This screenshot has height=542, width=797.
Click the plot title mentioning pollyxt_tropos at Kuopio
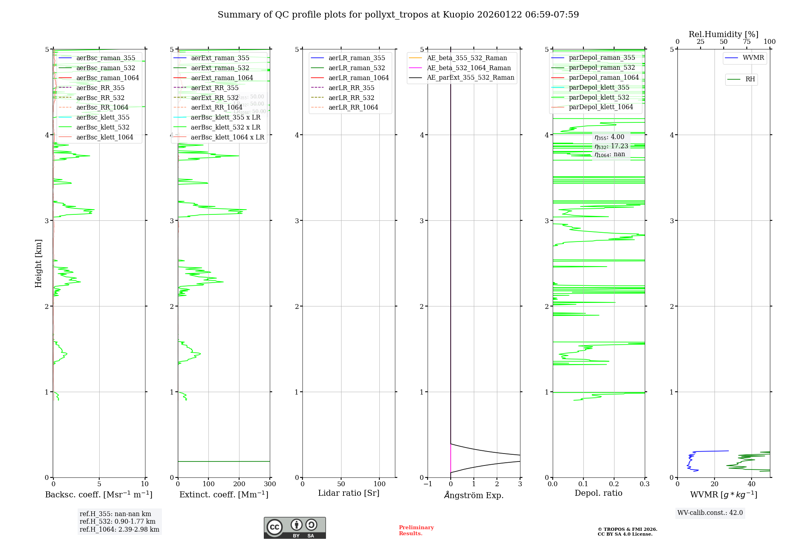coord(398,15)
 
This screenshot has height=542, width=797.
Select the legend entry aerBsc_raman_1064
coord(108,78)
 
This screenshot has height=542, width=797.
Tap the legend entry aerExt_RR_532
coord(214,98)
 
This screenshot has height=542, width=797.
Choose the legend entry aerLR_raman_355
coord(357,58)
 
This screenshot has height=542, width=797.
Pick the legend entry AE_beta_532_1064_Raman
coord(469,68)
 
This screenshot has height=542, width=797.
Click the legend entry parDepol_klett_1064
coord(601,107)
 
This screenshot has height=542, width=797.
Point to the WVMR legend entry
coord(753,58)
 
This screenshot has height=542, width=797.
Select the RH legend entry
coord(750,79)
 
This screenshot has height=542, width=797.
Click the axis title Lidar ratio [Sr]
coord(349,493)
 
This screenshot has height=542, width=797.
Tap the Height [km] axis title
coord(38,263)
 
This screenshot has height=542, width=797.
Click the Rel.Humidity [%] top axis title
coord(723,34)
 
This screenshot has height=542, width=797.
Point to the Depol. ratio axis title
coord(598,493)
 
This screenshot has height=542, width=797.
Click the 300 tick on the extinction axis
coord(270,484)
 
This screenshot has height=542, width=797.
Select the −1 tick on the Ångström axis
coord(428,484)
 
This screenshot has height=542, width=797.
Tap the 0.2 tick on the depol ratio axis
coord(614,484)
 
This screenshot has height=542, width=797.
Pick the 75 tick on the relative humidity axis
coord(746,42)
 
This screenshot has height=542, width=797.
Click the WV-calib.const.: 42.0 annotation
coord(710,513)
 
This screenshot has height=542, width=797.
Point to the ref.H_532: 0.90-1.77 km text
coord(118,522)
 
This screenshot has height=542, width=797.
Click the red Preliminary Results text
coord(416,530)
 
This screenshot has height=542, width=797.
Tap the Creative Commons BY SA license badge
coord(294,528)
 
